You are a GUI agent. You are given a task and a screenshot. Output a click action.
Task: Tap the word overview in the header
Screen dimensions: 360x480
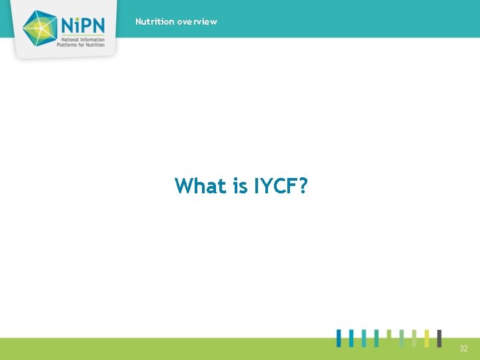click(197, 21)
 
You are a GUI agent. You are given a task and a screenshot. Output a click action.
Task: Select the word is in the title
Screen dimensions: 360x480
click(240, 185)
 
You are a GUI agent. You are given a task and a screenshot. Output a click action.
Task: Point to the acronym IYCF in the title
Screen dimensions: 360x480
click(274, 185)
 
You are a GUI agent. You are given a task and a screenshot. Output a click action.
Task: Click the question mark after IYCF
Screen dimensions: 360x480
click(303, 185)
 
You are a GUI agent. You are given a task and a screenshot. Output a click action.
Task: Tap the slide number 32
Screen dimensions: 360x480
click(463, 349)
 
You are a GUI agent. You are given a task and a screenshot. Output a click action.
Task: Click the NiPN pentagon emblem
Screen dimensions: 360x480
click(41, 28)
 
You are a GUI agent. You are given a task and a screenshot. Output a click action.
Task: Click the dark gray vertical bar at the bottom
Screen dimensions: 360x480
click(439, 338)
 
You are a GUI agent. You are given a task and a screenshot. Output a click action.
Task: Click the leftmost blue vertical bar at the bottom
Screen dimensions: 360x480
click(339, 338)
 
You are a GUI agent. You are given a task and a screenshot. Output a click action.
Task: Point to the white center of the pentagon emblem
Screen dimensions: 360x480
click(40, 27)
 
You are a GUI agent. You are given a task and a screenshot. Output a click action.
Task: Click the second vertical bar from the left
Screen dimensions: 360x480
click(351, 338)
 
